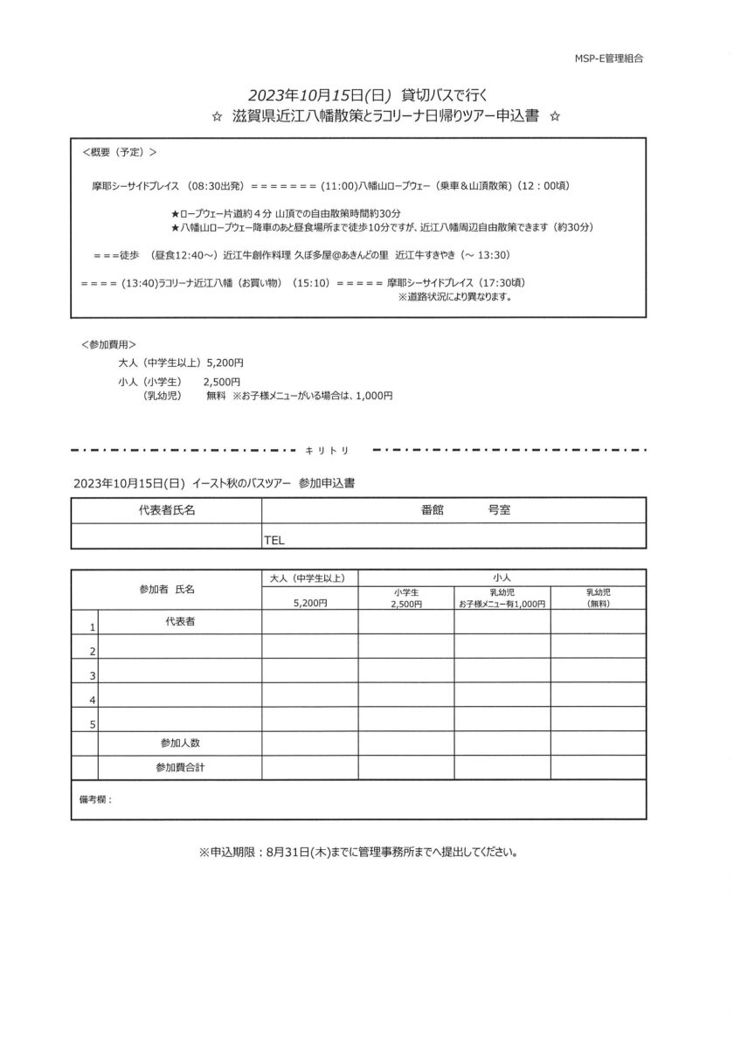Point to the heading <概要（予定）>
[119, 152]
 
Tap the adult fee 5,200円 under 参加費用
[225, 360]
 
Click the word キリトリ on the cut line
[329, 451]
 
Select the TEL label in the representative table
[274, 540]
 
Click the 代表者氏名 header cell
[166, 510]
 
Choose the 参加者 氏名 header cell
[166, 590]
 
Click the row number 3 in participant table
[92, 675]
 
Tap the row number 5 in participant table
[92, 724]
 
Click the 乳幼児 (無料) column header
[598, 598]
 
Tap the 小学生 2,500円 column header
[405, 598]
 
